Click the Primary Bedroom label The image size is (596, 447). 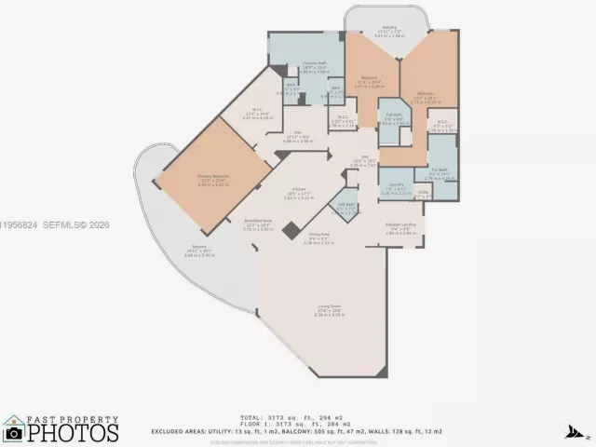(212, 177)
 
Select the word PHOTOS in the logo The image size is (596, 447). (73, 434)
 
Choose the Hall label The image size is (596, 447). (364, 160)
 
